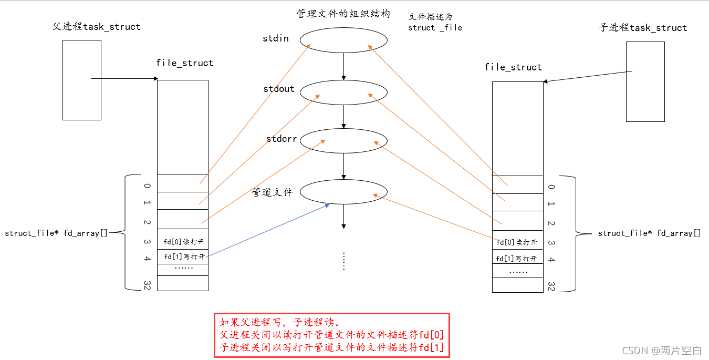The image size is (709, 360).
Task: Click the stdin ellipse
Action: pos(344,40)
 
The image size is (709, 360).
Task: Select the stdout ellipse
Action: pos(344,92)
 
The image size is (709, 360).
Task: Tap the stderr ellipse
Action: pos(344,140)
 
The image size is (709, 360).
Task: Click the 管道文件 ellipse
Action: pos(344,192)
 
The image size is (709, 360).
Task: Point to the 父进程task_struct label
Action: pos(97,26)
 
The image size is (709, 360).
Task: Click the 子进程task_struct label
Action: pos(643,27)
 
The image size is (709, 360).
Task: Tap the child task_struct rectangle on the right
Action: pos(645,81)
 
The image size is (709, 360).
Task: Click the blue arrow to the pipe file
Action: pos(268,230)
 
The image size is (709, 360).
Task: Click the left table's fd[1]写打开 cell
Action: pos(183,256)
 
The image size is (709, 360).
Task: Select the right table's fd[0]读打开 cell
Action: pos(517,242)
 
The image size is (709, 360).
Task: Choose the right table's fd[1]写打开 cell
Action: pos(517,259)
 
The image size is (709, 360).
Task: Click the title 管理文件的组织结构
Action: pos(343,14)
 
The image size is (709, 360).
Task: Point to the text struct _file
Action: pos(435,28)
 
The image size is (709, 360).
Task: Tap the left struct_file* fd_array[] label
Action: pos(56,233)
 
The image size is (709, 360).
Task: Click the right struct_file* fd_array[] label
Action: pos(649,233)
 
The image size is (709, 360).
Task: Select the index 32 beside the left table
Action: pos(147,284)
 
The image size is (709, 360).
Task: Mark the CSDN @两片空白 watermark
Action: pos(662,351)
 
